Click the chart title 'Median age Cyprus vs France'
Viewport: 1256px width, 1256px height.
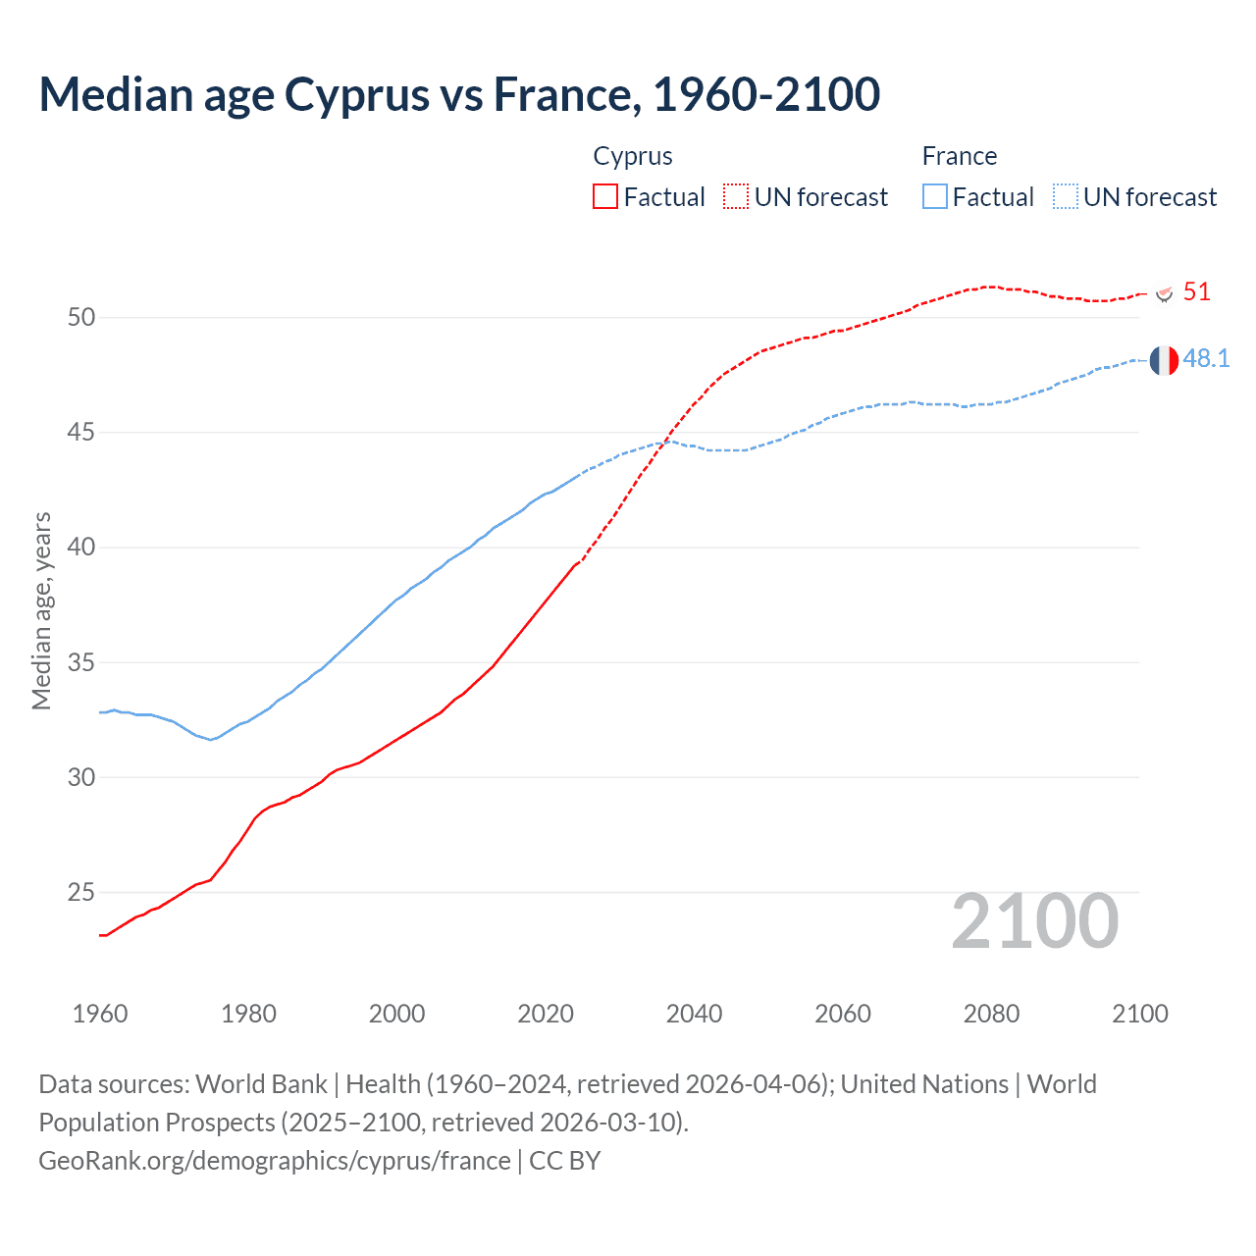[x=459, y=95]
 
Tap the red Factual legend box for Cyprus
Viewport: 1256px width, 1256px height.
[x=605, y=196]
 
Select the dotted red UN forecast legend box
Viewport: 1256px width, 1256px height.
[x=736, y=196]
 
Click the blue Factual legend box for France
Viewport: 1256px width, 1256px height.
[x=935, y=196]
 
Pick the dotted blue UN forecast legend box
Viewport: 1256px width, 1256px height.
[x=1066, y=196]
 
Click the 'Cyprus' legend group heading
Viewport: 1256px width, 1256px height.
[x=633, y=156]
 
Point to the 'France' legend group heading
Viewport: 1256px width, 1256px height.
[x=959, y=156]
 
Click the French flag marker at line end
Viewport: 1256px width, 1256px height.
[x=1164, y=360]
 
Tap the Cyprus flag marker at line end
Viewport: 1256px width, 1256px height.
[x=1164, y=292]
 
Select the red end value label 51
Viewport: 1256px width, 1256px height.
[x=1196, y=291]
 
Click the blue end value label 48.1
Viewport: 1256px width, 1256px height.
[x=1206, y=359]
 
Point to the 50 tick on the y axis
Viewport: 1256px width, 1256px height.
[x=81, y=317]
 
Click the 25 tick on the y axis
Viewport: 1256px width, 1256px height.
[x=81, y=893]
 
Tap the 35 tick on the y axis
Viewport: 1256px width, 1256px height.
[x=81, y=662]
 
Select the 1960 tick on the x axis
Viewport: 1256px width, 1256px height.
[x=100, y=1014]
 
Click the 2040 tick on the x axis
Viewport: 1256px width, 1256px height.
[x=694, y=1014]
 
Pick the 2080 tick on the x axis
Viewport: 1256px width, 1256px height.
[x=991, y=1014]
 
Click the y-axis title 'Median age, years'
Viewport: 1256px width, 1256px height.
[x=41, y=610]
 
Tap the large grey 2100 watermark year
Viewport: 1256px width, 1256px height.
[x=1034, y=921]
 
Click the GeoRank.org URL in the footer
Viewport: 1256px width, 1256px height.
[x=275, y=1161]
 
